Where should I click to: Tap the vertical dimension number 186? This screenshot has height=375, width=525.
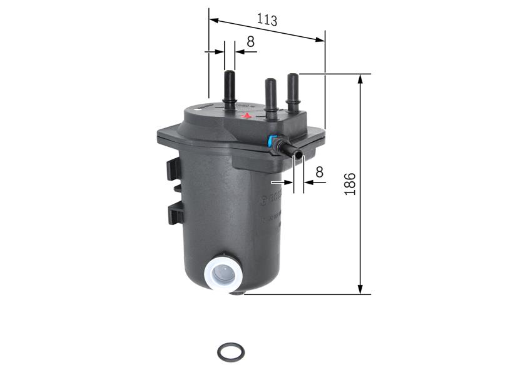350,184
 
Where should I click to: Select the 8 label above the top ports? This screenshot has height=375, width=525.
250,42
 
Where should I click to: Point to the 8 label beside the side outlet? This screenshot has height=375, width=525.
319,172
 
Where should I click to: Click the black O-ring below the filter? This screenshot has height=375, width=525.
230,352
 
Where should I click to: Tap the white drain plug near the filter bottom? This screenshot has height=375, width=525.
223,272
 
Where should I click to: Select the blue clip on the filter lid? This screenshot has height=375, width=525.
272,141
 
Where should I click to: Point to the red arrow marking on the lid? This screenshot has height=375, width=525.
247,116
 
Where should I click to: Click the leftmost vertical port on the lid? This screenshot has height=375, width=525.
229,90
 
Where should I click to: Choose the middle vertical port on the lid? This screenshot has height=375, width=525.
270,96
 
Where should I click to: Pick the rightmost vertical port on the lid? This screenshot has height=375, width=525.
292,91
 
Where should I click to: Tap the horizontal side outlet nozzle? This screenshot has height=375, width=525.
290,150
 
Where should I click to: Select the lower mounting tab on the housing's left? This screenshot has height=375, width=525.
175,213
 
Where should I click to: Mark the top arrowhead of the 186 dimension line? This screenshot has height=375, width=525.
360,79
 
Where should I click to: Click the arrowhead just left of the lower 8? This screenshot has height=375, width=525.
289,182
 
